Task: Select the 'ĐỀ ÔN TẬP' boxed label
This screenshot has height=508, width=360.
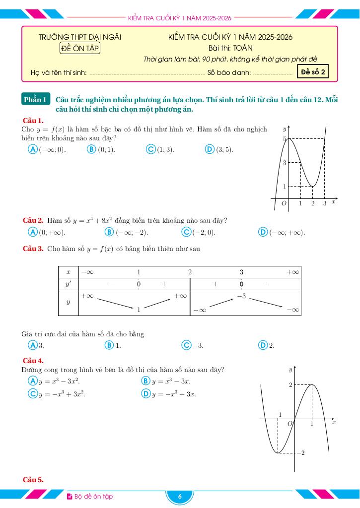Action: (x=80, y=48)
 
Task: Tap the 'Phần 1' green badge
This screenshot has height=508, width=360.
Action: (x=36, y=100)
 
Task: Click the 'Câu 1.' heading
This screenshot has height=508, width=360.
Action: (x=33, y=121)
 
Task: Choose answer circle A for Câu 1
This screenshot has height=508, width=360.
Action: (x=33, y=149)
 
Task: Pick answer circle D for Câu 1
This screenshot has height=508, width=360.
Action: (x=209, y=149)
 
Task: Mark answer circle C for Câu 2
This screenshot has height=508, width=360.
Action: (x=186, y=232)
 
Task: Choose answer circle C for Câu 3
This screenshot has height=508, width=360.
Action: (x=186, y=345)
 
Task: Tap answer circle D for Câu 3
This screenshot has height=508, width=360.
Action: (x=263, y=345)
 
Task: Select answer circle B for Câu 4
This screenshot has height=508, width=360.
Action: (x=145, y=381)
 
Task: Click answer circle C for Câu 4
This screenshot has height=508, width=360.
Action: (x=33, y=394)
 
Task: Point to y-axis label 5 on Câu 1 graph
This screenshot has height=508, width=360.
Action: (x=285, y=139)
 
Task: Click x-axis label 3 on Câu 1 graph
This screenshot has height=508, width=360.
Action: (x=325, y=203)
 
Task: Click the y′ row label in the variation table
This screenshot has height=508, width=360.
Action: (x=69, y=284)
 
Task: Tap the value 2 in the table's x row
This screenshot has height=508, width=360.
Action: (x=190, y=272)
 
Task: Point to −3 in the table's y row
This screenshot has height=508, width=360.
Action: (x=241, y=296)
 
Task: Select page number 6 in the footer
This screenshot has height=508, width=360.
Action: (x=180, y=497)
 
